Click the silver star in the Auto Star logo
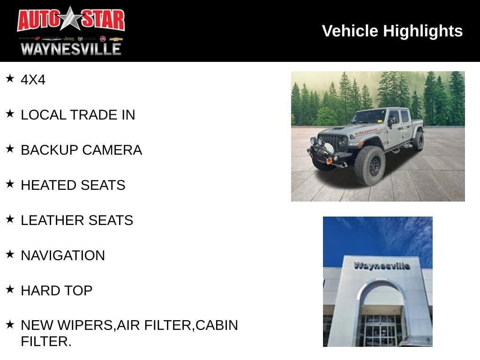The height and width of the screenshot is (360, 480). click(71, 19)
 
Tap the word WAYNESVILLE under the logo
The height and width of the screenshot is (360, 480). click(71, 49)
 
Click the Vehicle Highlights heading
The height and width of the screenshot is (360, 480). click(392, 31)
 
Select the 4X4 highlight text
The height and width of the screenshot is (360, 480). click(33, 80)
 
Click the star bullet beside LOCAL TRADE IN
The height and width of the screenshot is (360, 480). click(10, 113)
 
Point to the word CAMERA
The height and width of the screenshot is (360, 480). click(112, 150)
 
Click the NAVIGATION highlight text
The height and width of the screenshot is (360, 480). click(63, 255)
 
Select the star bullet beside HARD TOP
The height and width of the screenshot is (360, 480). click(10, 289)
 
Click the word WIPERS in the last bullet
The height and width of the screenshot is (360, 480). click(85, 325)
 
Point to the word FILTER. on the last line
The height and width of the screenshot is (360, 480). click(46, 342)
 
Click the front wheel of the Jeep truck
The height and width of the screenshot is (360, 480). click(370, 165)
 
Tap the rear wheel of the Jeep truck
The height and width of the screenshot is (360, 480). click(418, 141)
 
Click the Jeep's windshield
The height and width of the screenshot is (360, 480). click(368, 117)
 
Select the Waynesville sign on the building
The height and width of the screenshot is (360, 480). click(382, 266)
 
